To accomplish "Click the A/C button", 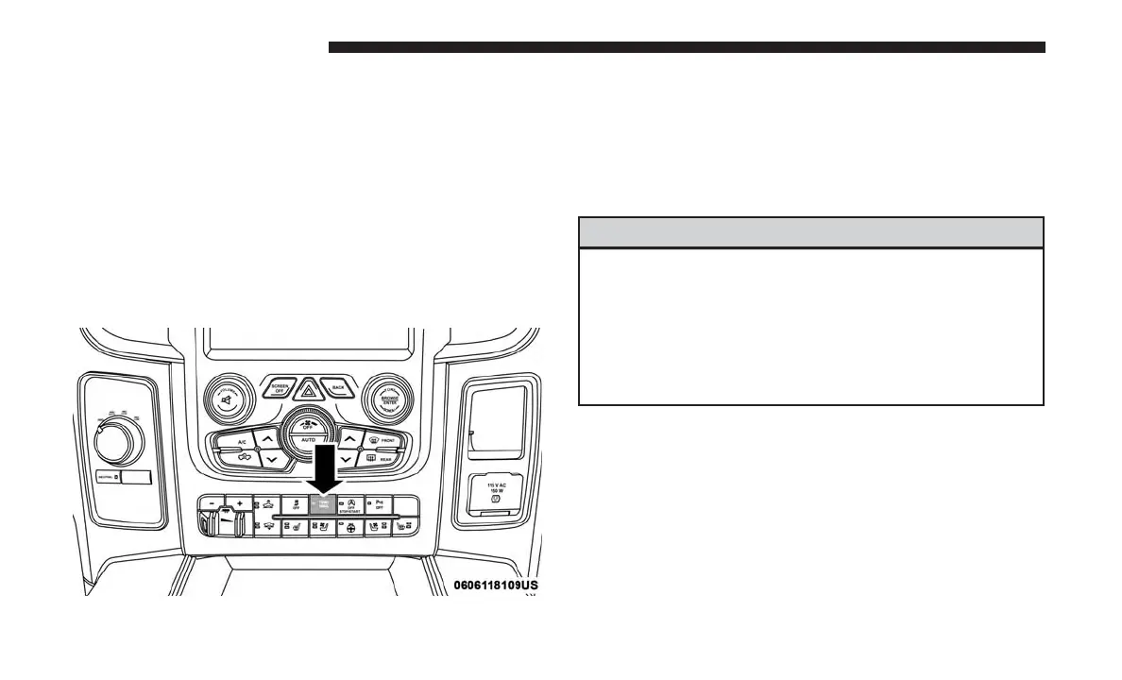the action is (242, 442).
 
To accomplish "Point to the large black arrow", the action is (322, 467).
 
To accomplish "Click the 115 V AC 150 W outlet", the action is (494, 491).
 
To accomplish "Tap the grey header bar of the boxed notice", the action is (810, 232).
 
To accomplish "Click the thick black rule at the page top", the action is (687, 47).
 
